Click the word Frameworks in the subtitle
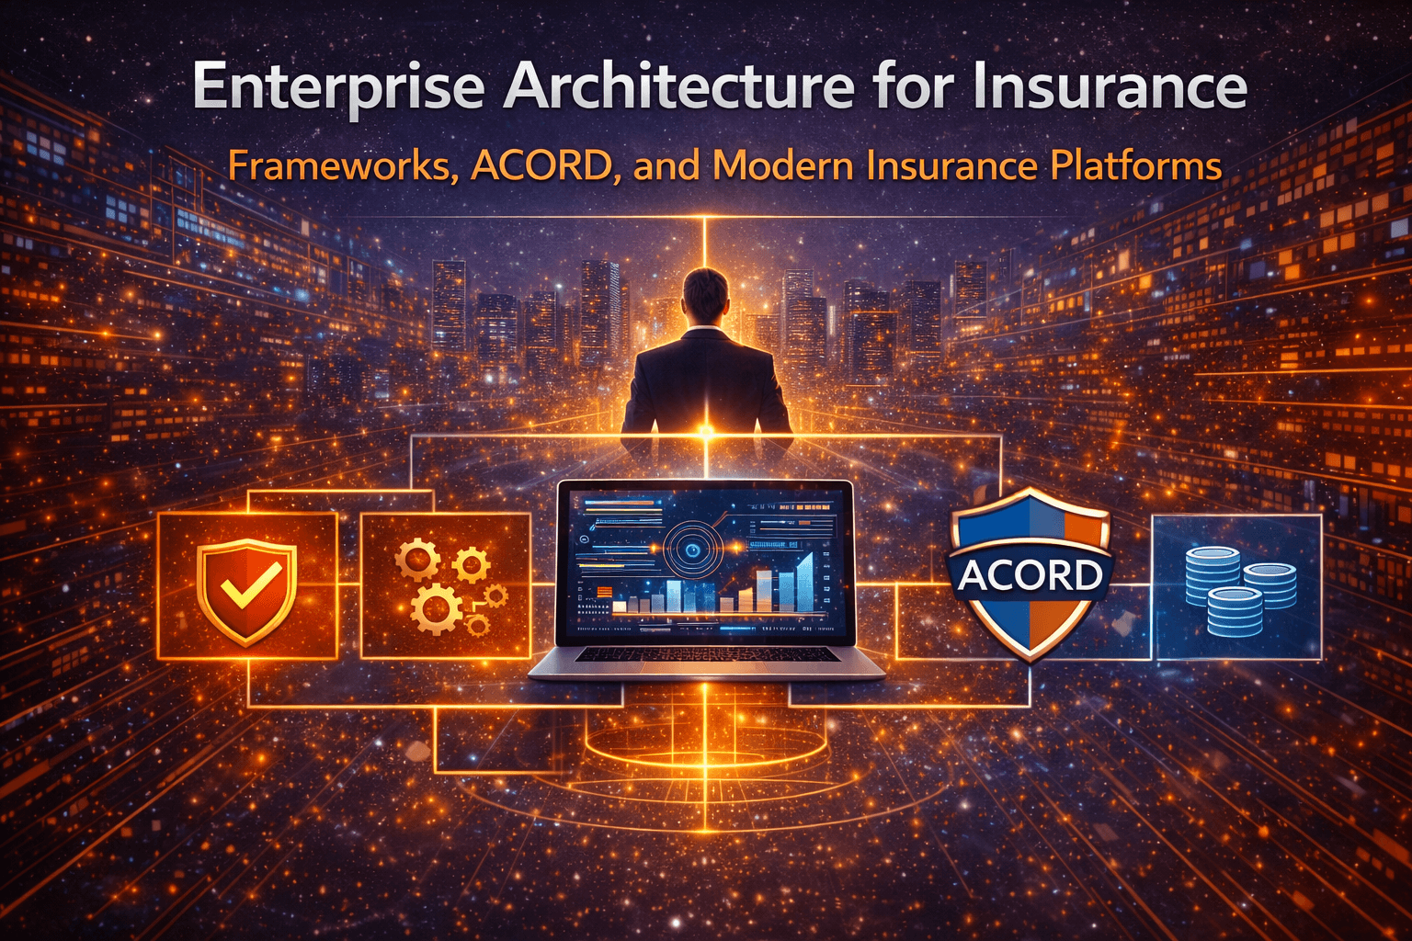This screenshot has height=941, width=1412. click(341, 166)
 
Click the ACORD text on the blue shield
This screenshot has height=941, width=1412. click(1030, 576)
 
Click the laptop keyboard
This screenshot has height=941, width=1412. click(707, 654)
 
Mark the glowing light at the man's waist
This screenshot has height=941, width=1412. click(706, 430)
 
